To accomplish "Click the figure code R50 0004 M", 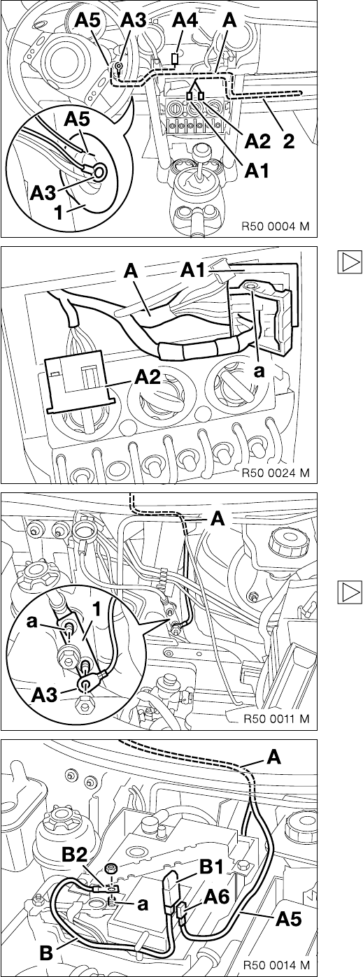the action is [x=276, y=226].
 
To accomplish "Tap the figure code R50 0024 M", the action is [x=276, y=473].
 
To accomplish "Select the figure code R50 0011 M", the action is [x=276, y=718].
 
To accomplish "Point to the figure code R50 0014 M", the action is [x=276, y=965].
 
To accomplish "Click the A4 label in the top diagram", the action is [x=186, y=20].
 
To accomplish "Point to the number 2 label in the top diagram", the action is [x=288, y=141].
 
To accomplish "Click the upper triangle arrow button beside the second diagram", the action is [x=350, y=261].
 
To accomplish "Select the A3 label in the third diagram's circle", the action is [x=45, y=694].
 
